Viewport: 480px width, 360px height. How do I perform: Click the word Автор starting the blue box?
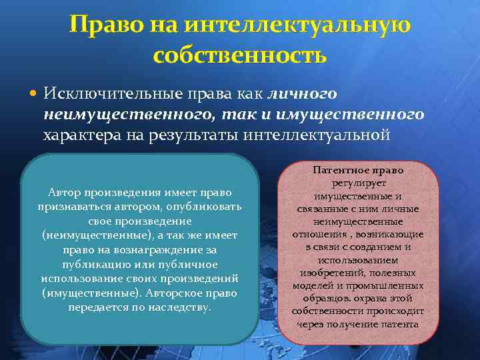[x=65, y=193]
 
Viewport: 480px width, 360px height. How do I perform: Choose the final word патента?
[x=399, y=324]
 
